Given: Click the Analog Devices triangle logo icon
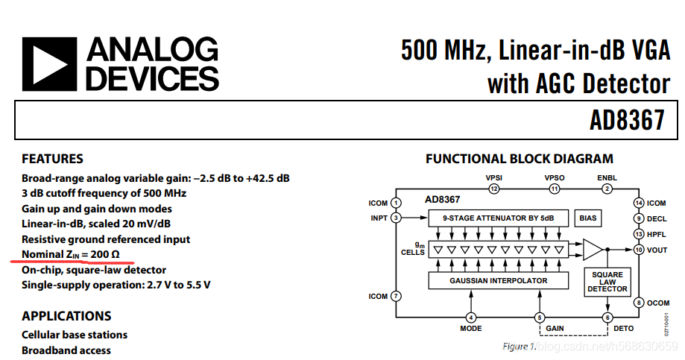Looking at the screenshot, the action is point(49,64).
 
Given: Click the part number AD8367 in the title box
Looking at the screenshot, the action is point(627,120).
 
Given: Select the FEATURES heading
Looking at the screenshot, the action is point(52,159).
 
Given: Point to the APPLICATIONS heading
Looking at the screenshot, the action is point(66,316).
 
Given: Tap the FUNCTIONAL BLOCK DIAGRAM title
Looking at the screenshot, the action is point(520,159).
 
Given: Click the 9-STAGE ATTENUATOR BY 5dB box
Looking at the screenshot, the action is point(499,218).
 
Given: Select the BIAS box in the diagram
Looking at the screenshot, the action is point(587,218).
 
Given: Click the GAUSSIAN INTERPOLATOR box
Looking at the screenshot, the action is point(499,280).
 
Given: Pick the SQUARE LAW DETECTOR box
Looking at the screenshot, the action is point(607,282).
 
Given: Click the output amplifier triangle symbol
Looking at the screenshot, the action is point(593,250).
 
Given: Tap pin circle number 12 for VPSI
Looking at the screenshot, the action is point(494,189).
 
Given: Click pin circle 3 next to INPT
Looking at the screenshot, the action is point(396,218).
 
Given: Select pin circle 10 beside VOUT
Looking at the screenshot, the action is point(639,250).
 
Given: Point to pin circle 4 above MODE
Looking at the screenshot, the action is point(470,318).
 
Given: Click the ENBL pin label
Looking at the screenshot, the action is point(607,178).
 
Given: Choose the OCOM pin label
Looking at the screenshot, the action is point(658,303).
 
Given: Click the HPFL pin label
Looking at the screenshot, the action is point(656,235).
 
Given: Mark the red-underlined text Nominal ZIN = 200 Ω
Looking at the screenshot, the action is point(71,254).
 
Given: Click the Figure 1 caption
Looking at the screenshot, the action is point(520,347).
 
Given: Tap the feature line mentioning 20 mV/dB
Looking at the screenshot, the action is point(96,224).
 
